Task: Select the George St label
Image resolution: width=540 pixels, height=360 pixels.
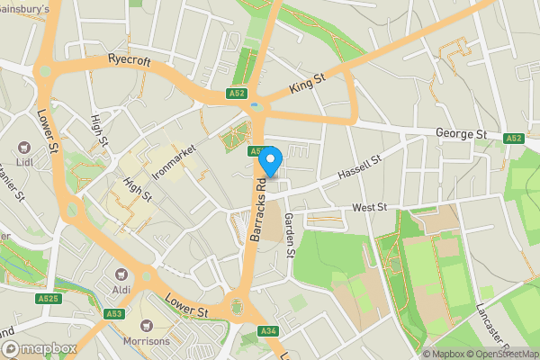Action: tap(462, 134)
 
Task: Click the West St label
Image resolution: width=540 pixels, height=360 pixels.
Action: tap(369, 208)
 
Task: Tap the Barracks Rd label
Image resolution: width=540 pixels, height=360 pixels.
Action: tap(258, 208)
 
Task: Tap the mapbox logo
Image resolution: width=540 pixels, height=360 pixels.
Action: tap(38, 348)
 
